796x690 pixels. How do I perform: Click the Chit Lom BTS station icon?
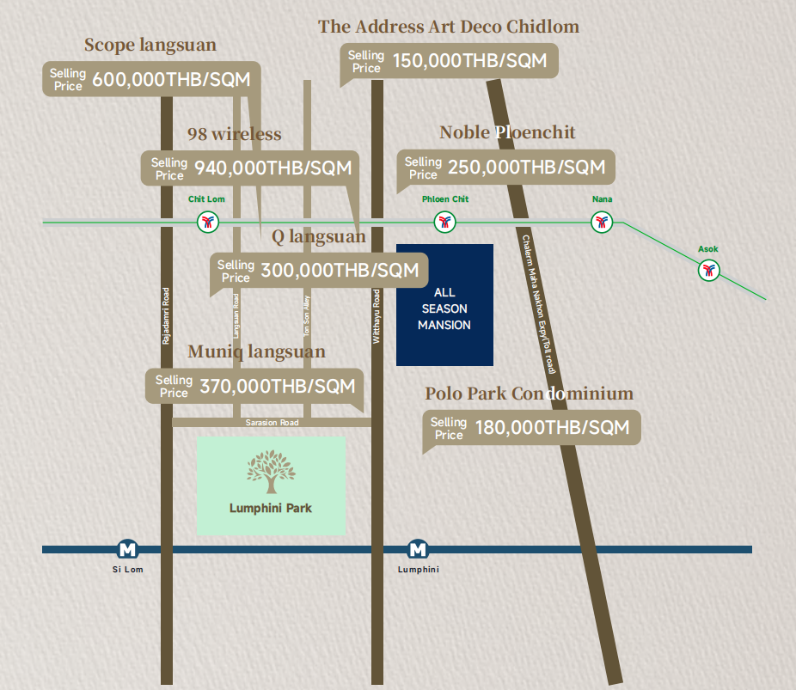[208, 222]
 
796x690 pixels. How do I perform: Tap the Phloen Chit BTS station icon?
[444, 222]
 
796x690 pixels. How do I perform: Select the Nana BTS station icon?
[602, 222]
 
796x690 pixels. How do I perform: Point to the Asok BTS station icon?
[708, 270]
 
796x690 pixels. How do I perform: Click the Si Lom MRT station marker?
[127, 549]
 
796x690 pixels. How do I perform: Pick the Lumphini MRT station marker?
[418, 549]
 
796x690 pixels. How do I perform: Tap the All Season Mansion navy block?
[444, 305]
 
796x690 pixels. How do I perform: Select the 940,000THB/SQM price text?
[273, 168]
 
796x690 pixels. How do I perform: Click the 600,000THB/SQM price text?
[171, 80]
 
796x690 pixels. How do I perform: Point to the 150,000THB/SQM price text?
[470, 61]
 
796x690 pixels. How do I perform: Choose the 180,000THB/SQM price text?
[553, 428]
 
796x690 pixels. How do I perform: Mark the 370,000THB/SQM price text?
[278, 387]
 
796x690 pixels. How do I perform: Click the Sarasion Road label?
[272, 423]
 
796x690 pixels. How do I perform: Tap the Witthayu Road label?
[377, 316]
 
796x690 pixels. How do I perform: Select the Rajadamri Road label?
[166, 316]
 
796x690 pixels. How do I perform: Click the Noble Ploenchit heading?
[507, 132]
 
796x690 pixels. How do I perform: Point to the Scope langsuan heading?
[150, 46]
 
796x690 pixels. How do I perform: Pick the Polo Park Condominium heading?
[529, 394]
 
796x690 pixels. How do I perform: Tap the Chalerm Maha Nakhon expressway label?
[539, 304]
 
